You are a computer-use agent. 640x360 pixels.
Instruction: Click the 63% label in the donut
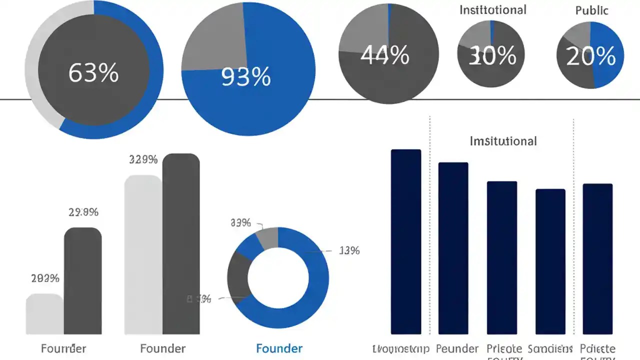(93, 73)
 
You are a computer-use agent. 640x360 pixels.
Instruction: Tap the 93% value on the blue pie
(246, 77)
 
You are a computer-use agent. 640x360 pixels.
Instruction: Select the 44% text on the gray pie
(384, 55)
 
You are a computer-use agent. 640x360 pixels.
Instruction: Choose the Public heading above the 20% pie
(592, 10)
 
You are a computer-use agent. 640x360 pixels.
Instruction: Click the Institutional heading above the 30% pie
(492, 9)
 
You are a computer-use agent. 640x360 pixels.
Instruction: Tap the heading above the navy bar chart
(503, 141)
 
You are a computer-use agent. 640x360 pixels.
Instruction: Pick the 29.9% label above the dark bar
(83, 212)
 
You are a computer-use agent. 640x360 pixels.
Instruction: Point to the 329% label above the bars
(143, 160)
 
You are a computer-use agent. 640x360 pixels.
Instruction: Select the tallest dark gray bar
(181, 245)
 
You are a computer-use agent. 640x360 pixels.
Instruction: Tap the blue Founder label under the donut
(279, 348)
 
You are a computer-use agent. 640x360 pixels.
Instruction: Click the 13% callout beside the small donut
(349, 251)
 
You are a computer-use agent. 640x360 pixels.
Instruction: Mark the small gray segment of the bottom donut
(268, 236)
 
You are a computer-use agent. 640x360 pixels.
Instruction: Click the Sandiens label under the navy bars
(549, 348)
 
